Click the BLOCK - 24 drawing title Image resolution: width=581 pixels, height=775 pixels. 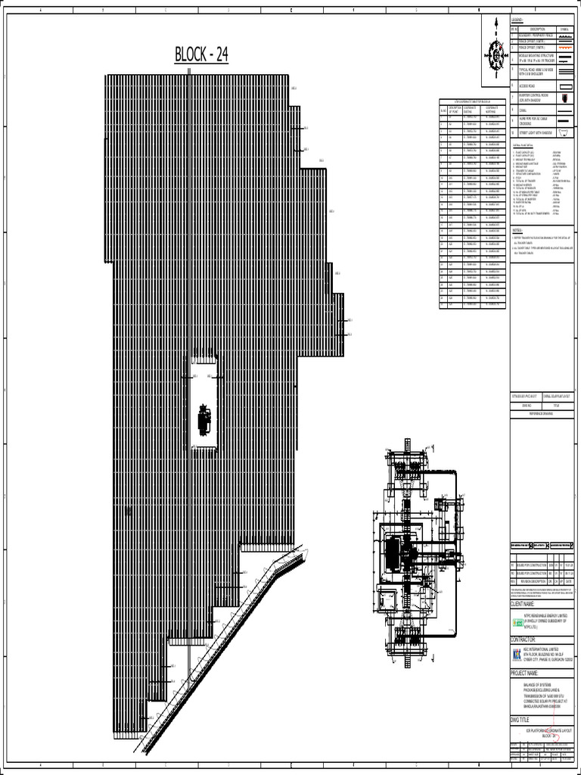pyautogui.click(x=201, y=55)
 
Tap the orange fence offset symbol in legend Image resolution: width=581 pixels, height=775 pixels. pyautogui.click(x=564, y=46)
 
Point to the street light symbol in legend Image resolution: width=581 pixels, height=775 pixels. pyautogui.click(x=564, y=133)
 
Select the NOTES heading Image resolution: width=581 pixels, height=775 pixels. pyautogui.click(x=517, y=229)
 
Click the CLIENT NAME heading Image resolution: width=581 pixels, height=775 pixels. pyautogui.click(x=528, y=605)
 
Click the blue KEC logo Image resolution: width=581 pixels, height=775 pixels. pyautogui.click(x=517, y=655)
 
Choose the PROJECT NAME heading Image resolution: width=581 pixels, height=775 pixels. pyautogui.click(x=530, y=673)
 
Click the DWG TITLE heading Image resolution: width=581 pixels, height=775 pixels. pyautogui.click(x=524, y=721)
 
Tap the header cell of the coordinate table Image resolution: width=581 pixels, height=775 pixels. pyautogui.click(x=471, y=101)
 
